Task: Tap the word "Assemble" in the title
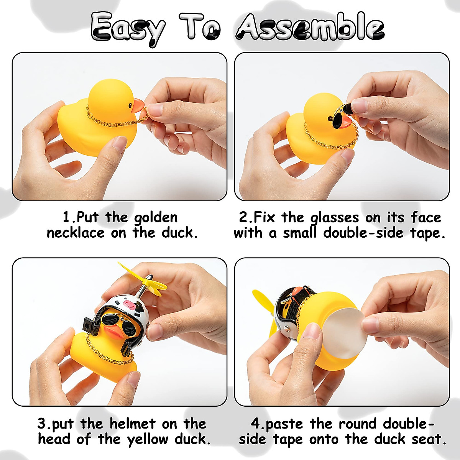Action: click(x=310, y=27)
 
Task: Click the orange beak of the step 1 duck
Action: click(x=138, y=105)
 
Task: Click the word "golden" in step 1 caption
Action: click(x=156, y=218)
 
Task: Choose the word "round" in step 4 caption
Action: click(x=358, y=424)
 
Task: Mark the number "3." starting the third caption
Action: click(x=43, y=424)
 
